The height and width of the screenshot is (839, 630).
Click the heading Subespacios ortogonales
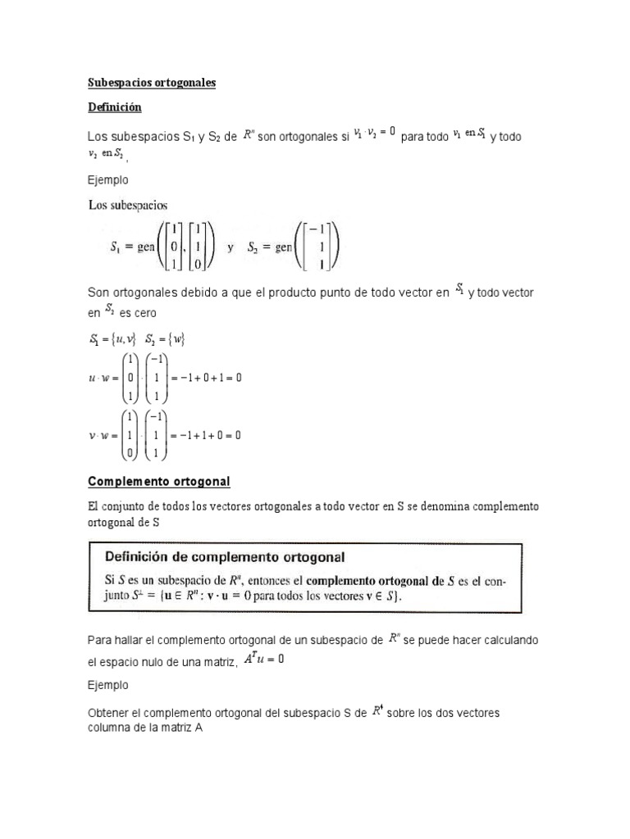click(x=151, y=83)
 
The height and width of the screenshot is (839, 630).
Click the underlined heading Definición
click(x=114, y=107)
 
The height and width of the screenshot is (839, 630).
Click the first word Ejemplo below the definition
click(x=107, y=179)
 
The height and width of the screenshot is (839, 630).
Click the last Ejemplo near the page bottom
click(x=107, y=684)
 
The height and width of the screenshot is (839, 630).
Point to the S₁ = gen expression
click(x=156, y=247)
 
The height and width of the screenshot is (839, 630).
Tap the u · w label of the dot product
click(x=100, y=378)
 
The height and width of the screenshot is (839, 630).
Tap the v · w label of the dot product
click(x=100, y=435)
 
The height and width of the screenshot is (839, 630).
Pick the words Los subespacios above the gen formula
click(x=127, y=205)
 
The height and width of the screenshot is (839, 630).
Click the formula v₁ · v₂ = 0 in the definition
click(x=374, y=131)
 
